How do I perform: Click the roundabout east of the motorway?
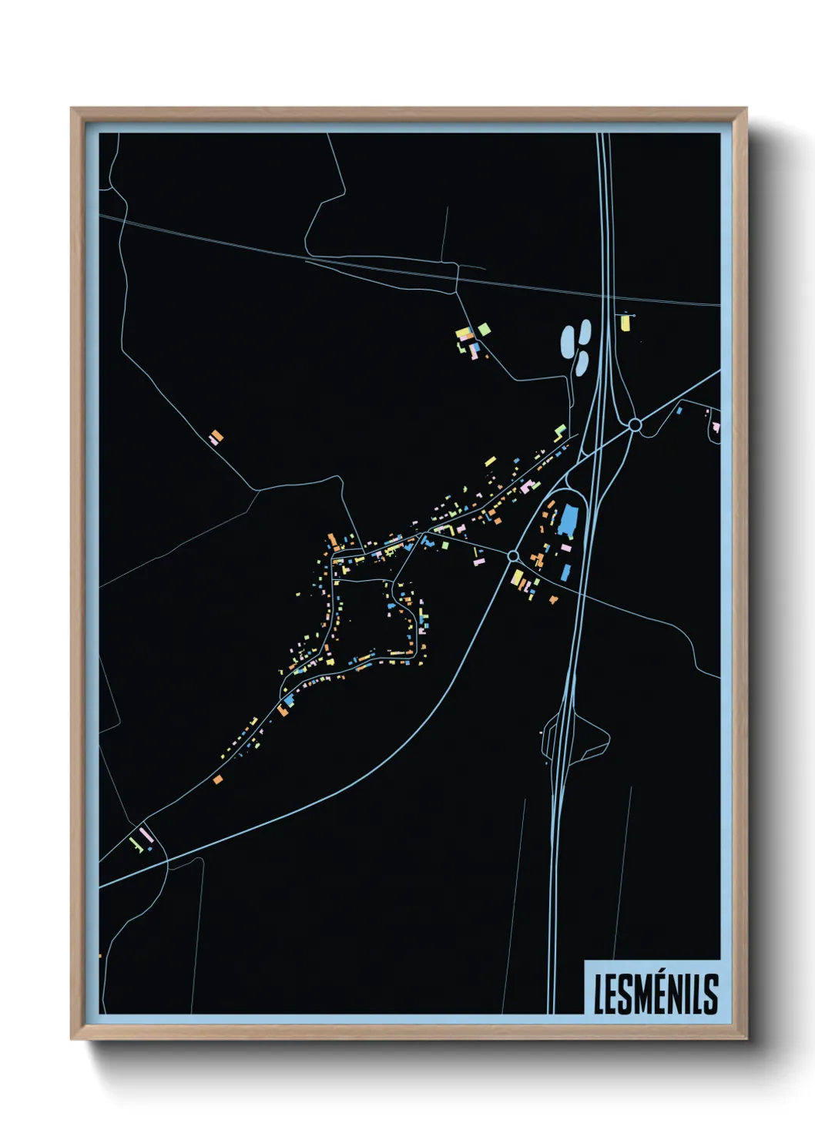(x=635, y=424)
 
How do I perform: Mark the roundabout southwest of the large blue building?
(x=513, y=555)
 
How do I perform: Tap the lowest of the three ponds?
(x=581, y=363)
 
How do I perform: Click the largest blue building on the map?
(x=568, y=520)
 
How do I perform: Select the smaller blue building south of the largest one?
(x=566, y=572)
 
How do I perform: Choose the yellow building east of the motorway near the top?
(x=626, y=322)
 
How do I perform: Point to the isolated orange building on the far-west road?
(x=216, y=438)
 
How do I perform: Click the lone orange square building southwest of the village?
(x=218, y=780)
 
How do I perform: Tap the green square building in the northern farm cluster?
(x=483, y=330)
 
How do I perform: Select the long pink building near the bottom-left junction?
(x=146, y=834)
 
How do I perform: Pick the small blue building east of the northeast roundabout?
(x=679, y=411)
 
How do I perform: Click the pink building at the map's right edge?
(x=716, y=426)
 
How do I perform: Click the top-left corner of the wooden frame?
(x=72, y=109)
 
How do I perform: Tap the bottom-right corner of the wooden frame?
(x=745, y=1038)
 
